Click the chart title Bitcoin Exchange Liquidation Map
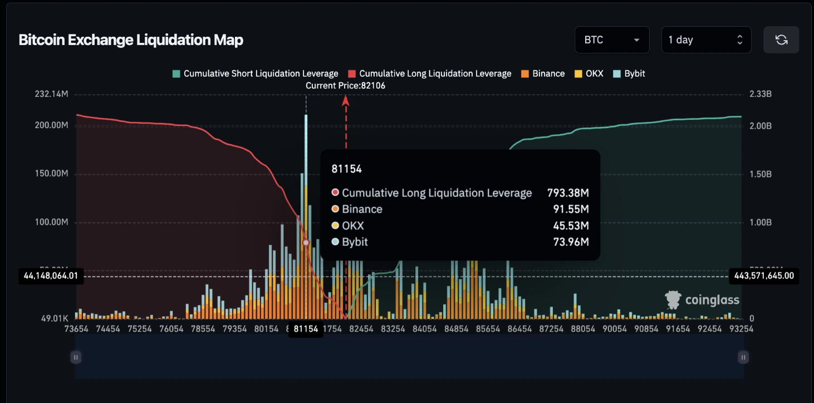(x=131, y=40)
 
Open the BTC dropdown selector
(x=611, y=40)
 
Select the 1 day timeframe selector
(x=705, y=40)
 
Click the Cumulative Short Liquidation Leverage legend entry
(x=256, y=73)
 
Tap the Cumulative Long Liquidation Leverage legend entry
(x=430, y=73)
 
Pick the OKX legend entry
(x=589, y=73)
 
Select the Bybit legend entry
(x=629, y=73)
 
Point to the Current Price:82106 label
(x=345, y=86)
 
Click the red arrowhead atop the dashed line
(x=346, y=100)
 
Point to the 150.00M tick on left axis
(x=51, y=174)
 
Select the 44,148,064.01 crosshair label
(x=51, y=276)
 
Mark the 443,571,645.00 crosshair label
(x=763, y=276)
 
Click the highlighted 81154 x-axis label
(x=306, y=329)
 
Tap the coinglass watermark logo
(x=702, y=300)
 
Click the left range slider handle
(x=76, y=357)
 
